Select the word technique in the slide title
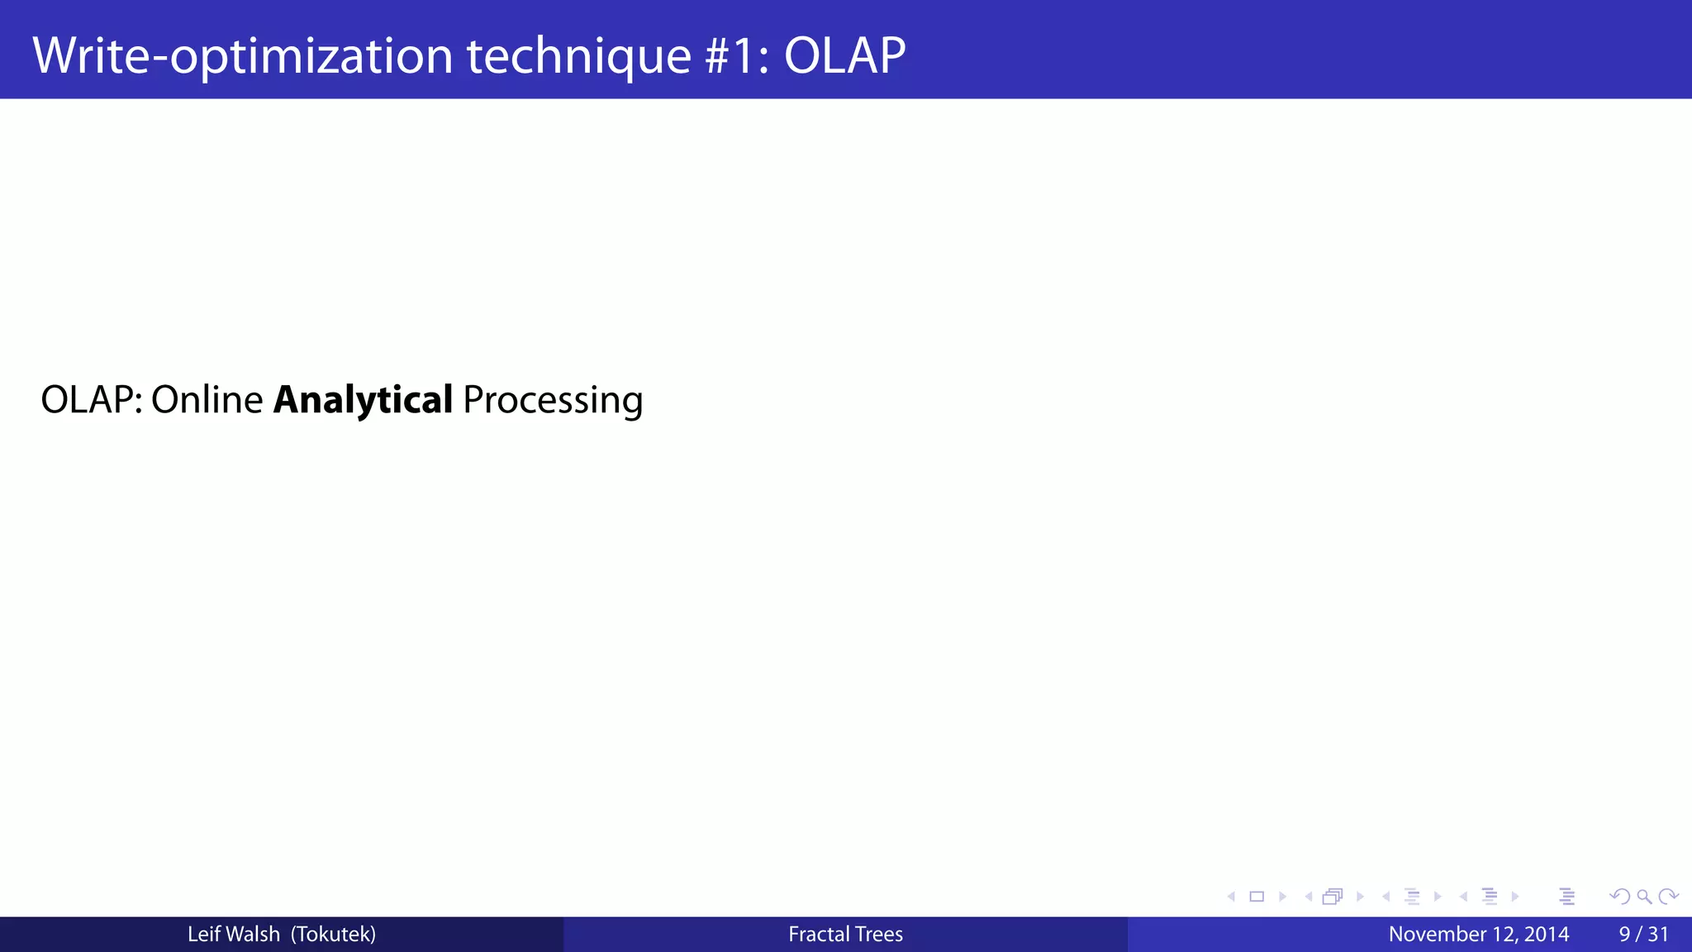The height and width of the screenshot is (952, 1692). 578,56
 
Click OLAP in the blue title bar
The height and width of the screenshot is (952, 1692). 844,56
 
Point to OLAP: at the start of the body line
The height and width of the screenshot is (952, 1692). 91,400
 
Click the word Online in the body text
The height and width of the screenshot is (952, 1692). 207,400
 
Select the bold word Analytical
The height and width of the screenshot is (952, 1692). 363,400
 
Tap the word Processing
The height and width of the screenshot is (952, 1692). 553,400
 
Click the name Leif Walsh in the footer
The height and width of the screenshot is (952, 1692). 233,935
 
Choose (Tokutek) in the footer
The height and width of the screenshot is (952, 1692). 333,935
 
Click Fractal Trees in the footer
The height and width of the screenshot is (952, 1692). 845,935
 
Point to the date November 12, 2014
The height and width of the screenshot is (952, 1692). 1478,935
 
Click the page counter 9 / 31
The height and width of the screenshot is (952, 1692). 1643,935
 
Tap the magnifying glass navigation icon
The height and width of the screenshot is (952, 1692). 1644,897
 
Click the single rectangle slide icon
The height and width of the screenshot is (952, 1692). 1257,897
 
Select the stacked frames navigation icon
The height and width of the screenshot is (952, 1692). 1332,897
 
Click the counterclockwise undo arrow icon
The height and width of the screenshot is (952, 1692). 1619,897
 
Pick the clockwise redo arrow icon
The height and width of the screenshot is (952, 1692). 1668,897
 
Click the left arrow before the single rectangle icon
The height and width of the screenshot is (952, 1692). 1231,897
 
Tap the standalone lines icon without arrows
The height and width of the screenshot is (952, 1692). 1567,897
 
